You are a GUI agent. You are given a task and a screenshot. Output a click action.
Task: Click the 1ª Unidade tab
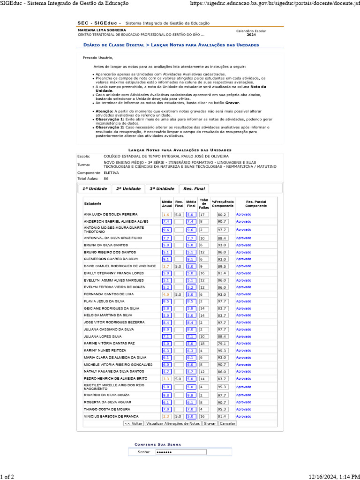coord(95,188)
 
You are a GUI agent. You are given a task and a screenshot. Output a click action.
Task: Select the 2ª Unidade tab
coord(128,188)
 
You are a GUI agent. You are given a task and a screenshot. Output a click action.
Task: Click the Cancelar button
coord(227,423)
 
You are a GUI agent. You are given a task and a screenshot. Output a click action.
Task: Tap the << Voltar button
coord(134,423)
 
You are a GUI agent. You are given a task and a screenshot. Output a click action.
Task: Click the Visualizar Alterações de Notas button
coord(173,423)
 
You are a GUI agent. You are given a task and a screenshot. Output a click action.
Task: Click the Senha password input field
coord(180,452)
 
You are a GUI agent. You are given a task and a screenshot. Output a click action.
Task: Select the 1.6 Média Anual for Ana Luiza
coord(166,214)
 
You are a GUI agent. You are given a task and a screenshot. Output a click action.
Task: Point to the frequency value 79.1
coord(222,343)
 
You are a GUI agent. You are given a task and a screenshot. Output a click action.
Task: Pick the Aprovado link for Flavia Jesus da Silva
coord(243,301)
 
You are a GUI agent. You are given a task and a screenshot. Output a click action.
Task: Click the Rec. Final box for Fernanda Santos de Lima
coord(179,294)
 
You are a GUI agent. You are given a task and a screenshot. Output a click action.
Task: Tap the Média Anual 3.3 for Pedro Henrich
coord(166,378)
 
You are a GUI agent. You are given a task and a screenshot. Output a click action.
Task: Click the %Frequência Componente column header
coord(223,203)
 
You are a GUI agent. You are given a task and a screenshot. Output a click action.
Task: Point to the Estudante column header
coord(92,203)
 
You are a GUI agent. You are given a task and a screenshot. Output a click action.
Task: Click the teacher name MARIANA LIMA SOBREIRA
coord(102,30)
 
